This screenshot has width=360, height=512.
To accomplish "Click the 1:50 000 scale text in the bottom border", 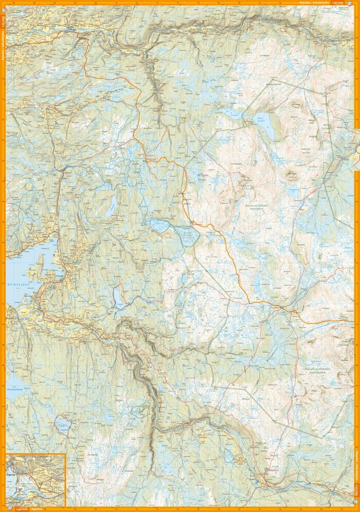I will coord(14,508).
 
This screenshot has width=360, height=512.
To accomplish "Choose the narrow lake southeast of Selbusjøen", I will coord(117,296).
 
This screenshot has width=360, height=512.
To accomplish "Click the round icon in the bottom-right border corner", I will coord(356,508).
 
